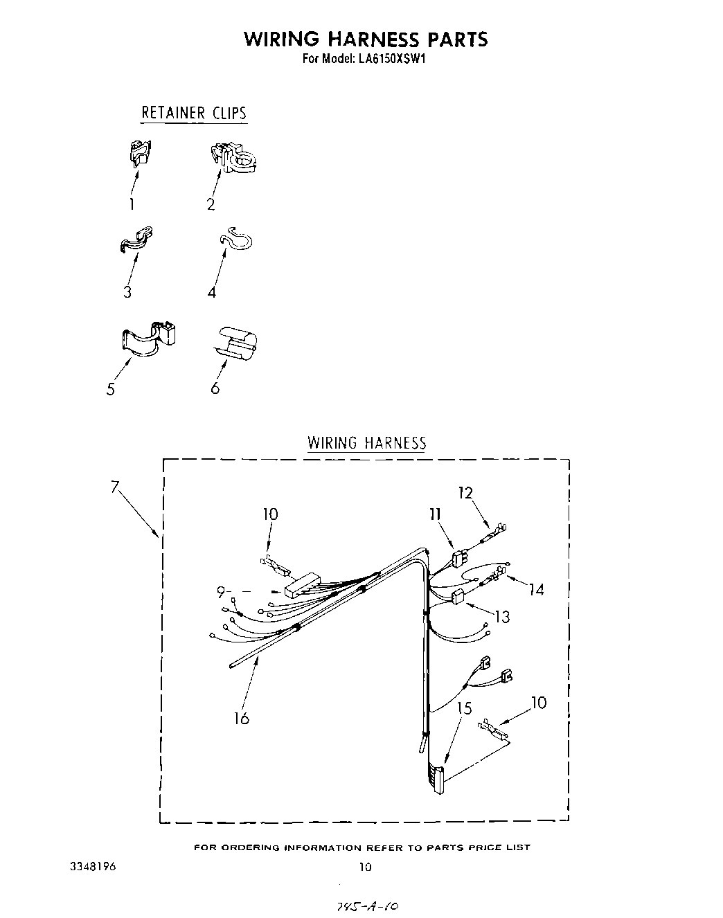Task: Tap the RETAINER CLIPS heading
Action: [x=194, y=113]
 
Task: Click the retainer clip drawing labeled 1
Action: [x=141, y=152]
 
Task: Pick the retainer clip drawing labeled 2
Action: [x=233, y=157]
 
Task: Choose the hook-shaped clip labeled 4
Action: [x=236, y=238]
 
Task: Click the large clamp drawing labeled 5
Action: [x=150, y=339]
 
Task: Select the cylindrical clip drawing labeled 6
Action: [x=237, y=342]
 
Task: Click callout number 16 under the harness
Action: [x=241, y=718]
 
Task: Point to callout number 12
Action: [x=465, y=493]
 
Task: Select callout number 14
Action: [x=536, y=590]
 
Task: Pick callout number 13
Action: [x=502, y=615]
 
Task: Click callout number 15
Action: [x=464, y=708]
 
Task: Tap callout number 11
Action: [x=435, y=514]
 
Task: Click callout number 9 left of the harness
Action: [x=221, y=592]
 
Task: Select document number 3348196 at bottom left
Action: [x=93, y=866]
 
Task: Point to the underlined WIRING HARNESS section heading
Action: [x=367, y=443]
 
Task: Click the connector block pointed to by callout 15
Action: [x=436, y=779]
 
